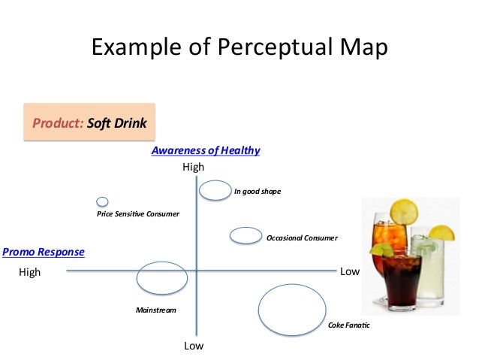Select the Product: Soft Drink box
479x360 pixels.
coord(89,123)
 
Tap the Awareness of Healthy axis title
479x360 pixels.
coord(206,150)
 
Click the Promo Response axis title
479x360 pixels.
coord(44,252)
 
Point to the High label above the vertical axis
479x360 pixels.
coord(193,167)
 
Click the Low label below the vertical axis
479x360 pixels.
coord(194,346)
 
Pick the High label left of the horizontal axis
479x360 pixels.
coord(30,272)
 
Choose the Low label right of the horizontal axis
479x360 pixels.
coord(350,271)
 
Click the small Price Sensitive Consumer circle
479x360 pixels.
coord(102,201)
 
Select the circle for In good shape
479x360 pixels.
coord(215,190)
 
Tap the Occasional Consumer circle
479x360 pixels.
coord(245,236)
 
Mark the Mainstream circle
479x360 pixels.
coord(161,278)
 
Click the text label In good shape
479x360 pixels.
coord(257,192)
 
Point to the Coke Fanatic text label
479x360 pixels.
coord(349,325)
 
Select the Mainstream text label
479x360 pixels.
coord(155,310)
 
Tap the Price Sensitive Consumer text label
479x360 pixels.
coord(138,214)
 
